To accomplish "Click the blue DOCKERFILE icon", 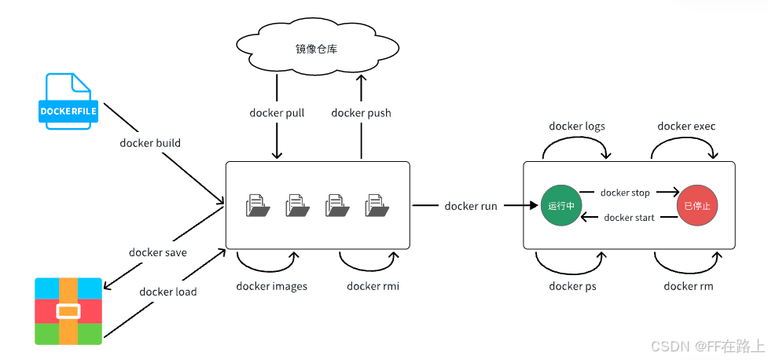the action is coord(68,101).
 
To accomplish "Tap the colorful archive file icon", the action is coord(68,311).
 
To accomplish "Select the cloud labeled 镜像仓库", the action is coord(317,49).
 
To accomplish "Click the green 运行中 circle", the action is coord(560,206).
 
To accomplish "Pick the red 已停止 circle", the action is coord(697,206).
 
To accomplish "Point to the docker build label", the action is coord(150,143).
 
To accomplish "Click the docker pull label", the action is coord(277,113).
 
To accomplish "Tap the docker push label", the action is coord(361,113).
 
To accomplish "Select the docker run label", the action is coord(471,206).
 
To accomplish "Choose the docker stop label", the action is coord(625,193).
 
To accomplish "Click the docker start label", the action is coord(630,218).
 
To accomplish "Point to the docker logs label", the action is coord(577,127).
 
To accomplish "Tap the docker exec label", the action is coord(686,127).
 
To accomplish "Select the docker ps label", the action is coord(572,286).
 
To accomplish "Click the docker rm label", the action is coord(688,286).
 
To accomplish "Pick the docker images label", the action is coord(271,286).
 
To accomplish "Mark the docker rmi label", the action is coord(373,286).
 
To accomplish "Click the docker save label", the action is coord(158,252).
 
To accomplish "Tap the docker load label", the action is coord(168,292).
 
